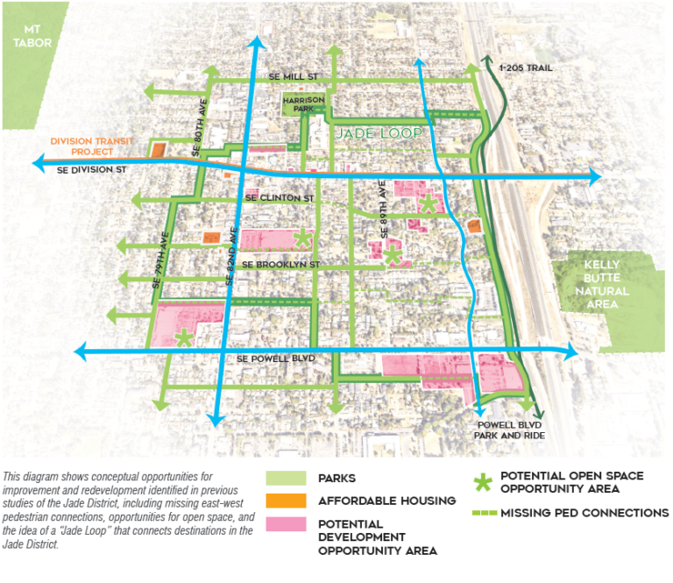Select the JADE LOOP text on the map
tap(378, 133)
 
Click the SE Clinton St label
tap(280, 199)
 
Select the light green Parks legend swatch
tap(287, 479)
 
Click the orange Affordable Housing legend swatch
tap(287, 501)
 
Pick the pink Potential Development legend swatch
tap(287, 523)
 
